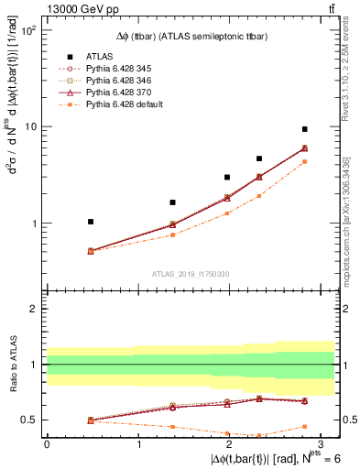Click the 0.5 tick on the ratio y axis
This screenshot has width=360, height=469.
(30, 420)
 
